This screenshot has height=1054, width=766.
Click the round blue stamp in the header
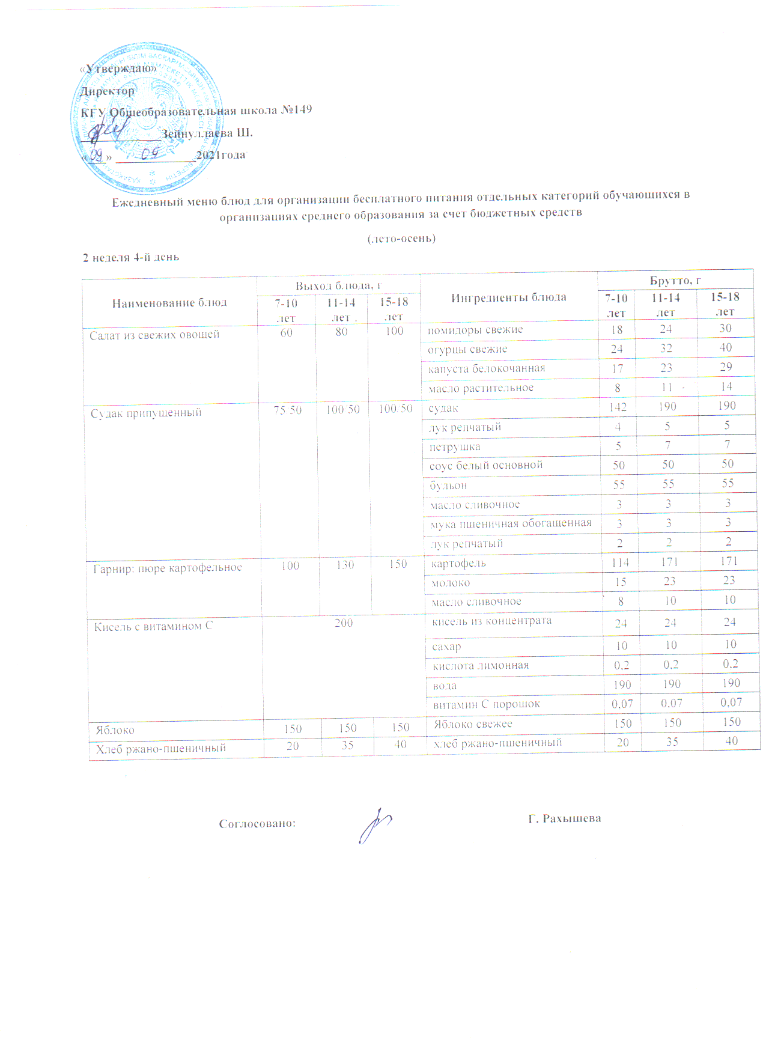click(x=147, y=122)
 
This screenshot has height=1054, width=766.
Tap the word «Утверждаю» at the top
click(x=118, y=69)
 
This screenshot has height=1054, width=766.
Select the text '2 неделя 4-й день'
click(x=131, y=257)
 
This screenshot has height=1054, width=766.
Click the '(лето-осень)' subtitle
click(x=401, y=239)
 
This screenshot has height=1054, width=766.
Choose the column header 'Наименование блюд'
click(x=169, y=303)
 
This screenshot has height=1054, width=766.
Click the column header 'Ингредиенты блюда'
click(x=508, y=297)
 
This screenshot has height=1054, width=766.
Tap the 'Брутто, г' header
click(x=675, y=281)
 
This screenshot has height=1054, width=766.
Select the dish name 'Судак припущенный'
click(x=146, y=413)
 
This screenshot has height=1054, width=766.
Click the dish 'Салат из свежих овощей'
click(x=154, y=335)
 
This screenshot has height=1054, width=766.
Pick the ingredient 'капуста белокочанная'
click(x=487, y=369)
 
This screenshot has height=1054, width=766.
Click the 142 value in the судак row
click(x=618, y=407)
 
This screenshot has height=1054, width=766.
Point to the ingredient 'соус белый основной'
click(x=486, y=465)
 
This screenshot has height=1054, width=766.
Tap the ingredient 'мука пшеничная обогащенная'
click(x=511, y=524)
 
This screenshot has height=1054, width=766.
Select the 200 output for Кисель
click(x=344, y=623)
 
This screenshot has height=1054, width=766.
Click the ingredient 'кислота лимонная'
click(x=481, y=666)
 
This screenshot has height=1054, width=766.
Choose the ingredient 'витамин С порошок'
click(x=486, y=704)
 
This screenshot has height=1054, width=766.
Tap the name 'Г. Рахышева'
click(x=565, y=819)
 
